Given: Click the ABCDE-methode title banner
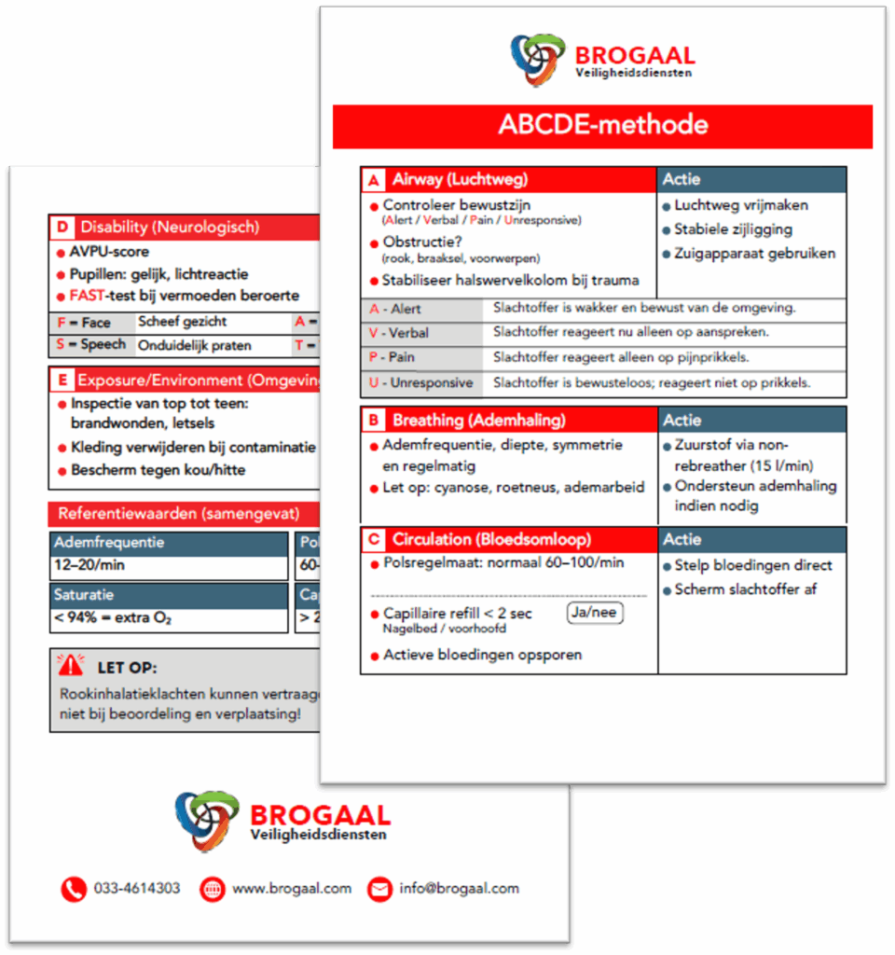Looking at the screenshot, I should pyautogui.click(x=602, y=126).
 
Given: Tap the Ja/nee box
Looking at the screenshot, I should pyautogui.click(x=595, y=613).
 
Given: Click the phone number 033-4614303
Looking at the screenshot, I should pyautogui.click(x=137, y=888).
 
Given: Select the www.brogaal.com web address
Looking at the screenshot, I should pyautogui.click(x=292, y=888).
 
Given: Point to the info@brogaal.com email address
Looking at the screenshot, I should pyautogui.click(x=459, y=888).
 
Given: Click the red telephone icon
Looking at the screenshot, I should pyautogui.click(x=74, y=889).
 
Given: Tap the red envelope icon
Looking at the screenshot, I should pyautogui.click(x=379, y=889).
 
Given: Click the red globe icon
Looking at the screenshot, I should pyautogui.click(x=212, y=889).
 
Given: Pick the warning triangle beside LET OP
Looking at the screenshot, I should pyautogui.click(x=70, y=665).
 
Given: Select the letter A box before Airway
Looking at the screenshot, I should pyautogui.click(x=374, y=180).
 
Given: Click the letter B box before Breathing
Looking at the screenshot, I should pyautogui.click(x=373, y=421).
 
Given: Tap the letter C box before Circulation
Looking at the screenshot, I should pyautogui.click(x=374, y=540).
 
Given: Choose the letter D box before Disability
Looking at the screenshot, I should pyautogui.click(x=62, y=227).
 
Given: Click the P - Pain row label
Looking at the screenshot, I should pyautogui.click(x=392, y=357).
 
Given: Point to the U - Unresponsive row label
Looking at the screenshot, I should pyautogui.click(x=420, y=382).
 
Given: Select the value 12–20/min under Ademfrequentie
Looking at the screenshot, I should pyautogui.click(x=90, y=565).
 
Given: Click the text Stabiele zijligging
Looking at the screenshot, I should pyautogui.click(x=733, y=229).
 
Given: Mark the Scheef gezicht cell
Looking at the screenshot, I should pyautogui.click(x=183, y=322).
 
